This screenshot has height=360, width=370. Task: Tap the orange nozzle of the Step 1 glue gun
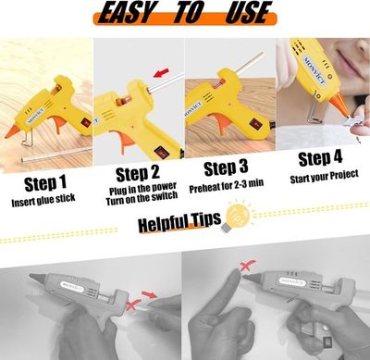click(x=14, y=135)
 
